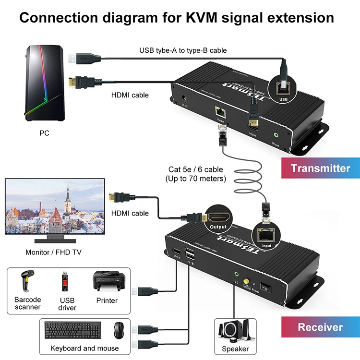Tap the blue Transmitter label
pyautogui.click(x=320, y=168)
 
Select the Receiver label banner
pyautogui.click(x=320, y=327)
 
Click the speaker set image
pyautogui.click(x=235, y=331)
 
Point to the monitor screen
pyautogui.click(x=54, y=207)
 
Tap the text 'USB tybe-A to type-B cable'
pyautogui.click(x=183, y=50)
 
